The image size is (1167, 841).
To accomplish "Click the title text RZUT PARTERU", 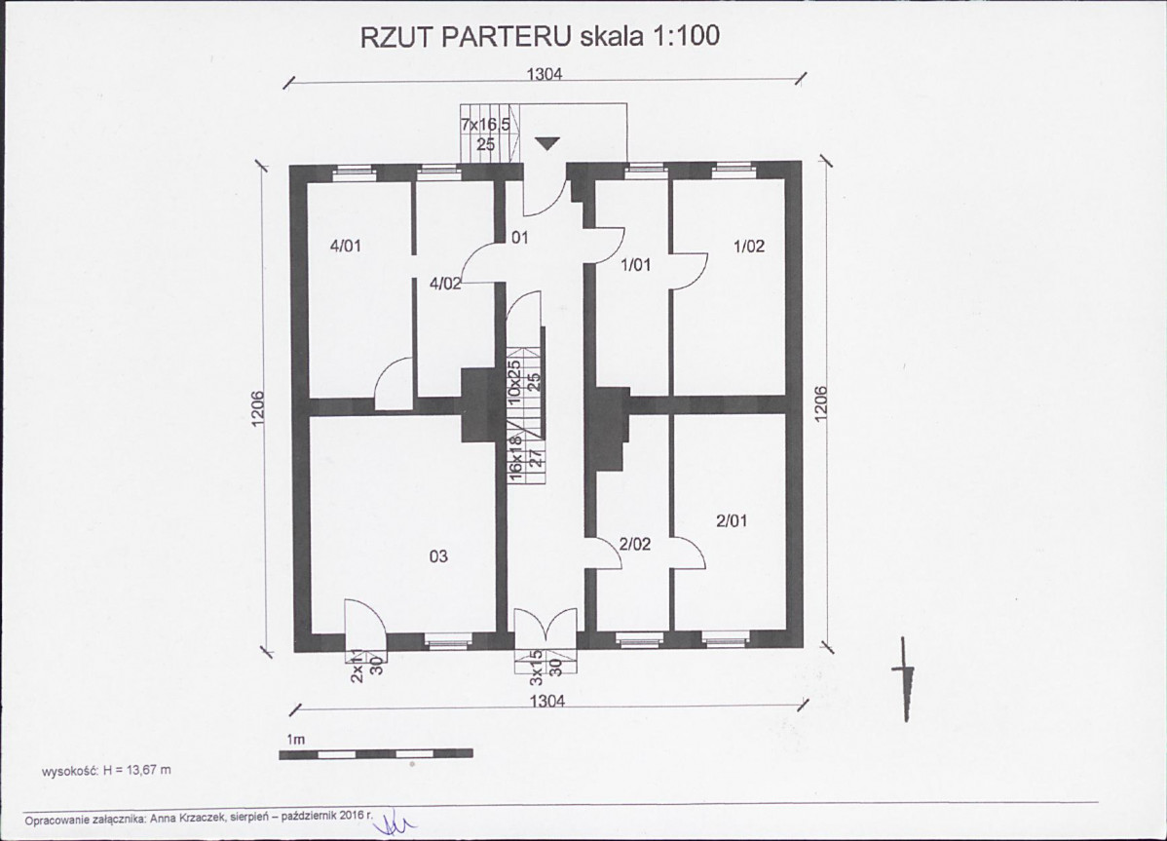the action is pos(466,36).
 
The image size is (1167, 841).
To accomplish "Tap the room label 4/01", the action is pos(346,246).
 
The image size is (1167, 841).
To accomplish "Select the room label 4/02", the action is pos(445,283).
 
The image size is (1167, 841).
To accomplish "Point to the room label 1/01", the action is pos(635,264).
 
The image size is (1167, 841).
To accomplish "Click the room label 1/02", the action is pos(749,246).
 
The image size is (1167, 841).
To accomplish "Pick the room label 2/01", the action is pos(731,521).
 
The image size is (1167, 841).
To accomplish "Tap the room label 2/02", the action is pos(635,544).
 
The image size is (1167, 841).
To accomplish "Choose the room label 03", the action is pos(438,555).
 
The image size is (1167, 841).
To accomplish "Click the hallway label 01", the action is pos(519,238).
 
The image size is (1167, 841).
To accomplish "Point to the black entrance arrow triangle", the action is pos(547,143).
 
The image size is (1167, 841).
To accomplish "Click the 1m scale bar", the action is pos(376,754).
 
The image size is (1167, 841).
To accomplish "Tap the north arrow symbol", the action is pos(906,679).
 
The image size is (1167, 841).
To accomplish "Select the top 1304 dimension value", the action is pos(545,74).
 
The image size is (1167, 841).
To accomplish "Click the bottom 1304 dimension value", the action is pos(547,701).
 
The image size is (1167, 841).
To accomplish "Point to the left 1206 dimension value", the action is pos(258,409).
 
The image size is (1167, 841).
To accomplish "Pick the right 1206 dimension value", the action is pos(821,403).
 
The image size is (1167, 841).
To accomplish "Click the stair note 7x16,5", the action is pos(485,125).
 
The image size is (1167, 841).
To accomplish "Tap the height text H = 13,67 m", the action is pos(137,770).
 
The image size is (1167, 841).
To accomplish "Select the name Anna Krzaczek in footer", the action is pos(181,819).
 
